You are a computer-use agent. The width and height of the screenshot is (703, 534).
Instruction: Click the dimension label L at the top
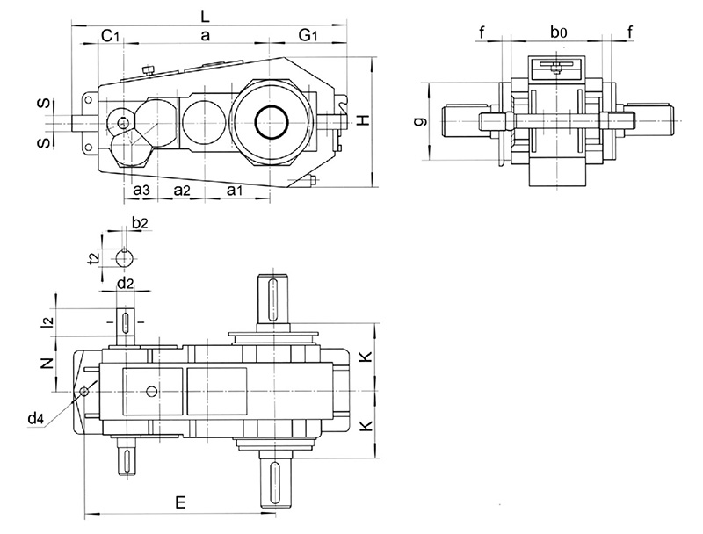[204, 15]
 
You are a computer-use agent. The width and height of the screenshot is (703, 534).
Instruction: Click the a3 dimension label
[141, 190]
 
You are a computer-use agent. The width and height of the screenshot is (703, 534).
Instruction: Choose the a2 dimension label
[184, 190]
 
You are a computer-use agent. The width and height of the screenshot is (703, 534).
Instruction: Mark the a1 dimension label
[236, 190]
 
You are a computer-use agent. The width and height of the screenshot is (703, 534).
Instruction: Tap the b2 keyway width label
[140, 225]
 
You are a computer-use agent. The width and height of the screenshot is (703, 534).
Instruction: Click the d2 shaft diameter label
[126, 283]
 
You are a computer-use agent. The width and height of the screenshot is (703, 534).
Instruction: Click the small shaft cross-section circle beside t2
[126, 257]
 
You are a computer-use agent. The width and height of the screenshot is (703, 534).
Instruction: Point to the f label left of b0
[482, 32]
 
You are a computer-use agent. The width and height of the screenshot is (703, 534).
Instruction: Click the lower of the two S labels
[41, 142]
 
